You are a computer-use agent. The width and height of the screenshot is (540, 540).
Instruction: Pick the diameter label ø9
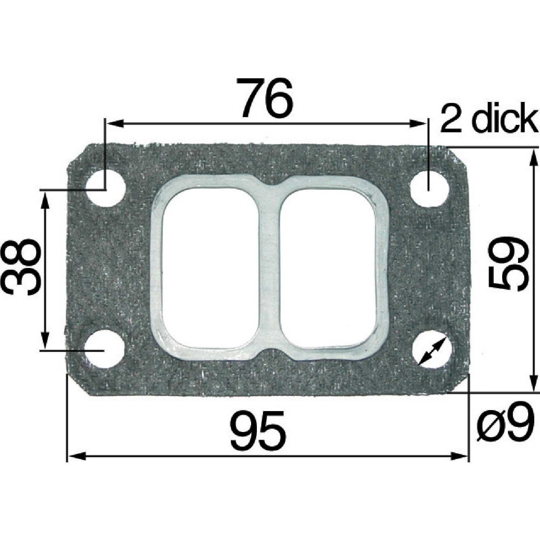tap(504, 423)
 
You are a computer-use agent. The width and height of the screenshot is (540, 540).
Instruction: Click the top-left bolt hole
tap(105, 189)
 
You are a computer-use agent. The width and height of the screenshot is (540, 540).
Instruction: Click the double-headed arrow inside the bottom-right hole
tap(432, 351)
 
